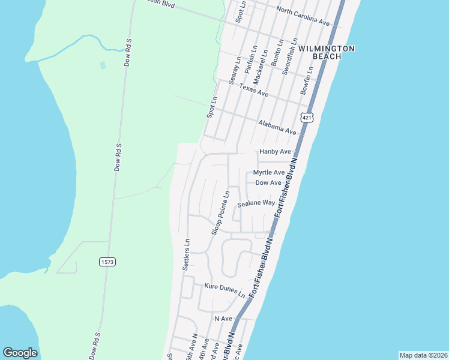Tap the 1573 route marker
(x=106, y=262)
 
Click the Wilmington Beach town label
(x=327, y=52)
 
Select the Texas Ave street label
(x=254, y=91)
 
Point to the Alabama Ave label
(x=277, y=127)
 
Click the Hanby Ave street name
(x=275, y=152)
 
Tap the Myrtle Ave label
(x=269, y=173)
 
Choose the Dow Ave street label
(x=268, y=182)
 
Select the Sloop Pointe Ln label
(x=220, y=213)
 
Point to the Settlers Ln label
(x=187, y=254)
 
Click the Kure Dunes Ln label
(x=224, y=290)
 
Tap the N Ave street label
(x=223, y=319)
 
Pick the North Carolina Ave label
(x=303, y=16)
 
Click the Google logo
(x=20, y=353)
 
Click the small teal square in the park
(x=102, y=64)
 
